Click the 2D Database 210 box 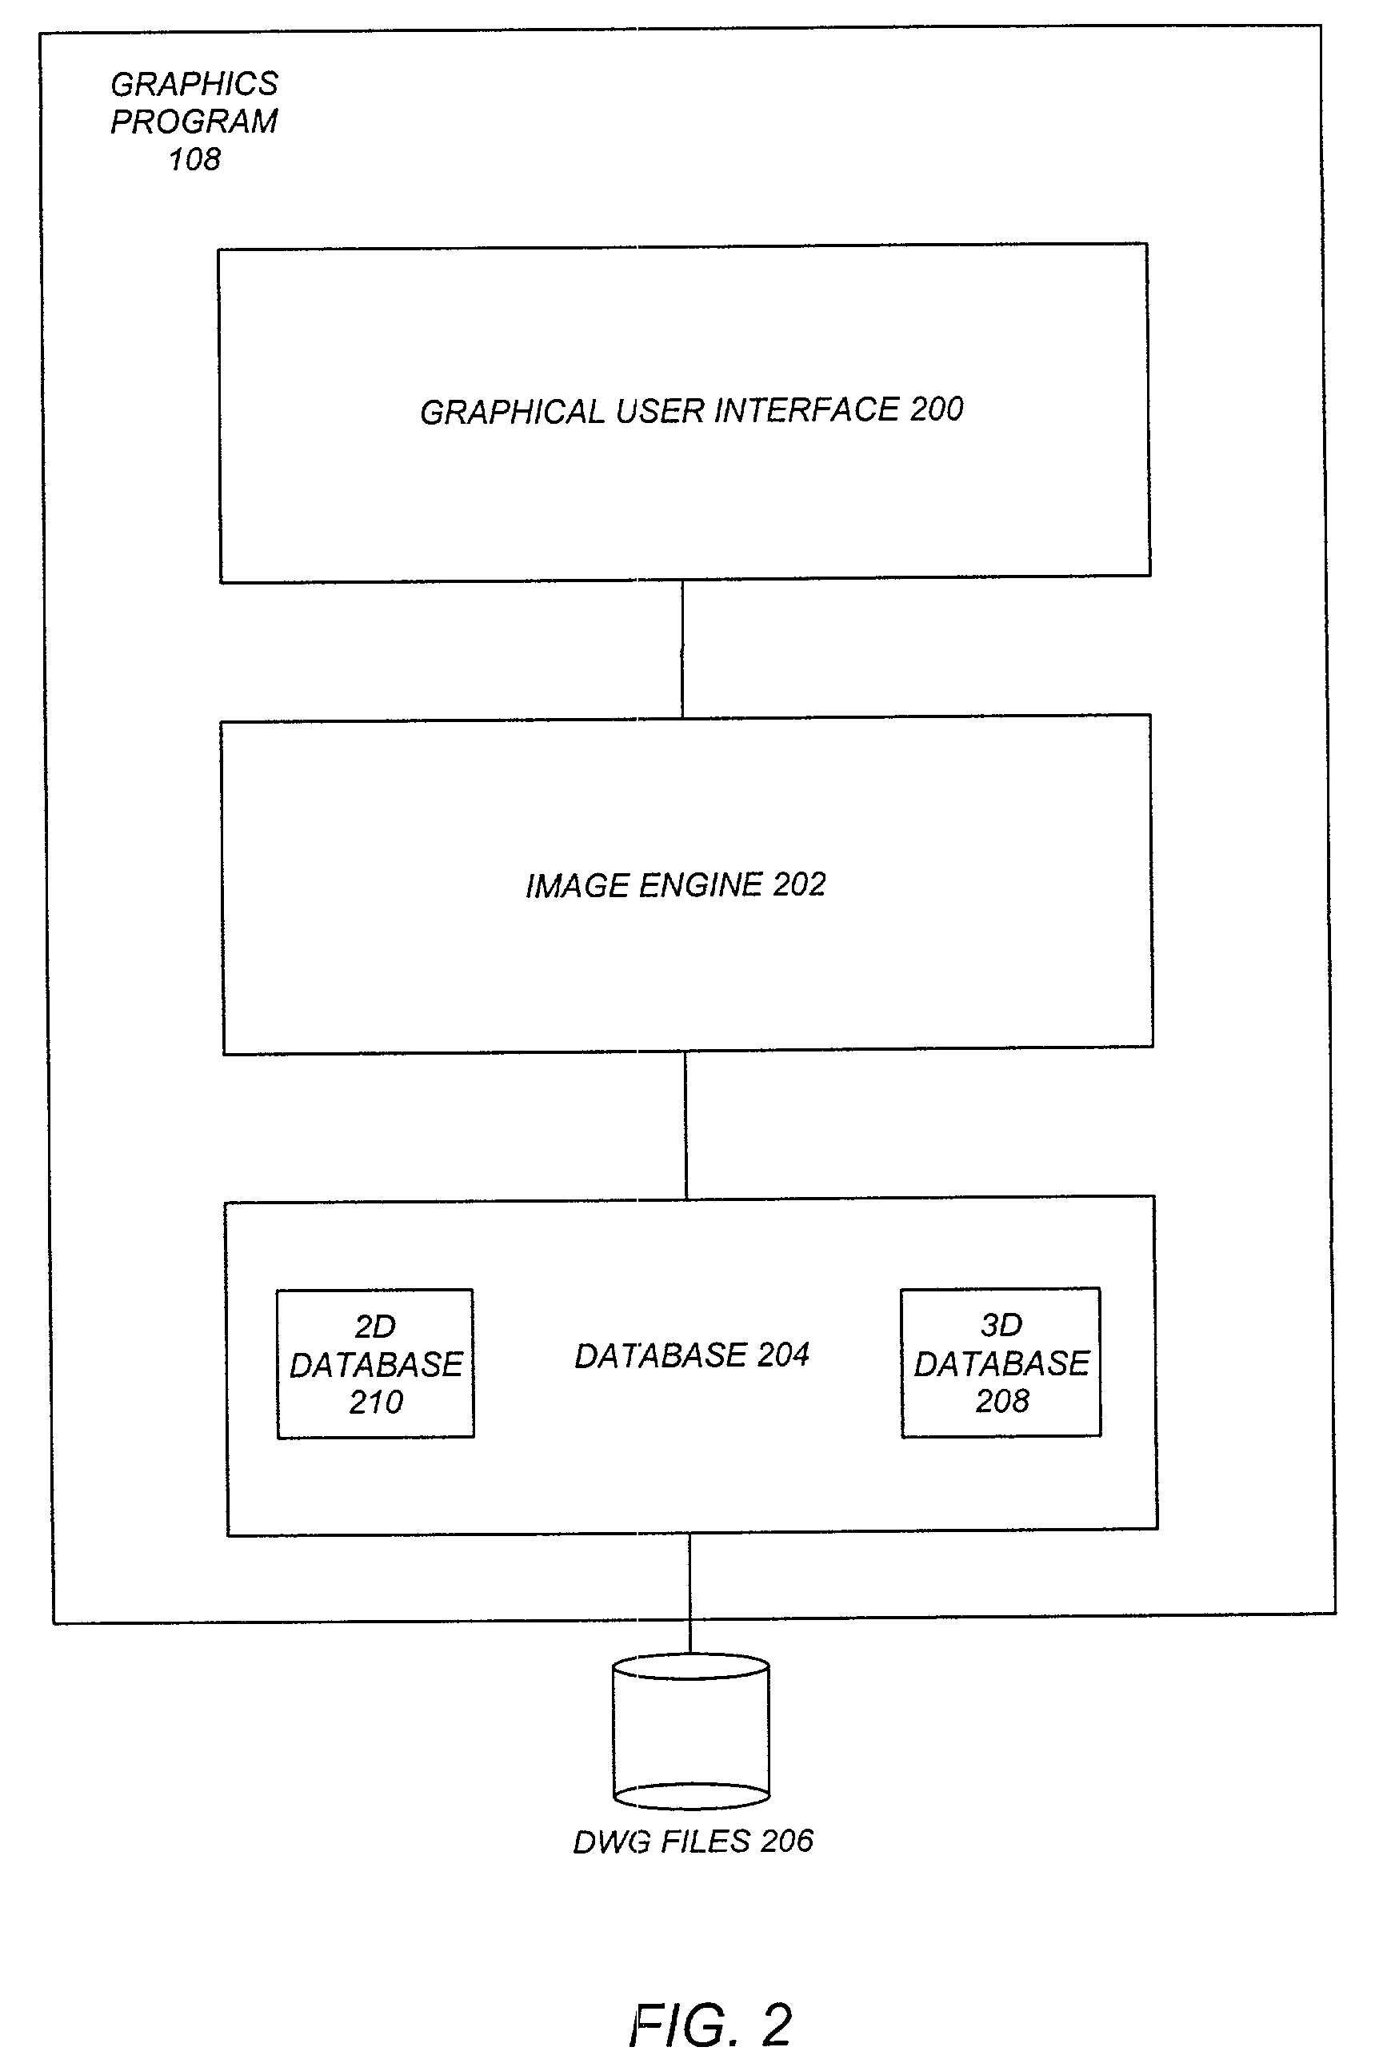[x=374, y=1363]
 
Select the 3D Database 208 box [x=1001, y=1362]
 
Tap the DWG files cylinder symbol [x=691, y=1731]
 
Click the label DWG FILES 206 [x=693, y=1841]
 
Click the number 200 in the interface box [x=937, y=409]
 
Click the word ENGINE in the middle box [x=701, y=885]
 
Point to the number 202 [x=800, y=884]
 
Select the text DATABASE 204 [x=691, y=1355]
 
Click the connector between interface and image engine [x=682, y=649]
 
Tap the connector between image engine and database [x=685, y=1125]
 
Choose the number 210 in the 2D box [x=375, y=1403]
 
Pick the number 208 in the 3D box [x=1001, y=1402]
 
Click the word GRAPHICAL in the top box [x=513, y=413]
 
